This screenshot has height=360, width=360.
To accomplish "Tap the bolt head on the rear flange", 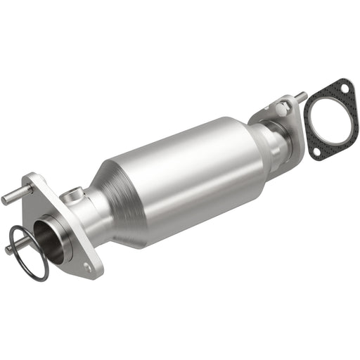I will coord(282,108).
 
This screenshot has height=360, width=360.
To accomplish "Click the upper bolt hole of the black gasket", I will coord(344,88).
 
